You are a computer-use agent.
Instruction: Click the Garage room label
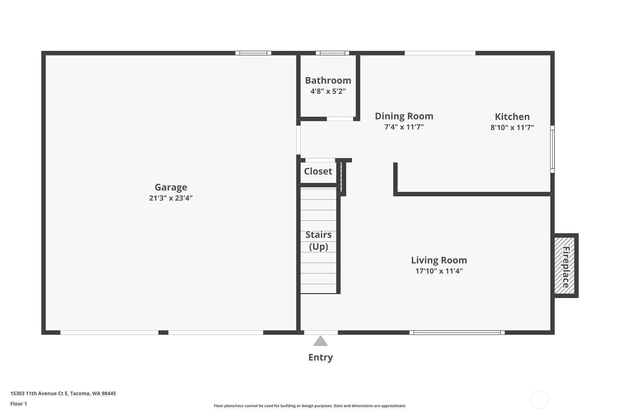tap(171, 187)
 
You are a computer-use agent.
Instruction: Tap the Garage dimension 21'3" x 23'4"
tap(171, 198)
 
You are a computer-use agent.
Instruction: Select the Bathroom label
tap(328, 80)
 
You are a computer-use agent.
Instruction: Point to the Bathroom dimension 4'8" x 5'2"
tap(328, 91)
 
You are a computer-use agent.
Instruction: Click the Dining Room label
tap(404, 116)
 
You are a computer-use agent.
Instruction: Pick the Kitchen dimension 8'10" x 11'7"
tap(512, 128)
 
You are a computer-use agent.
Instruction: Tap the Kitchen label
tap(512, 117)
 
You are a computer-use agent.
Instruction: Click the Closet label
tap(318, 171)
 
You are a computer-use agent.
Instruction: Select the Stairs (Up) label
tap(319, 241)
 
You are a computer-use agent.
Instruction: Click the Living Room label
tap(439, 260)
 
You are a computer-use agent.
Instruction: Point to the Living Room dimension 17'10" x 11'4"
tap(439, 271)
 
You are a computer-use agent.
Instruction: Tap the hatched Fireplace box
tap(565, 265)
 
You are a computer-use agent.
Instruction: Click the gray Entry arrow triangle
tap(320, 341)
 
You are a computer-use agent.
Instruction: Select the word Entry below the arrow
tap(320, 357)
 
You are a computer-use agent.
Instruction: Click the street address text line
tap(63, 393)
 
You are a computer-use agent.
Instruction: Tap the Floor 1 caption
tap(19, 404)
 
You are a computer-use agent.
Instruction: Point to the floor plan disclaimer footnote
tap(310, 406)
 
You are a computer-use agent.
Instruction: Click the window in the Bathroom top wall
tap(332, 53)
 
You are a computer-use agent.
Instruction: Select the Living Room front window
tap(457, 333)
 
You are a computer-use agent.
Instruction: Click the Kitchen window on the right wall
tap(552, 149)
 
